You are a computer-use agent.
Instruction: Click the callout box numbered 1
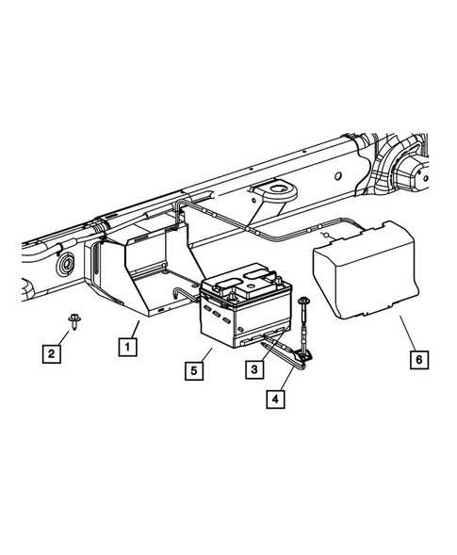coord(125,346)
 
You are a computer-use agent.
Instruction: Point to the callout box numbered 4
coord(274,399)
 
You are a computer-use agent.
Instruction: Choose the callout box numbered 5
coord(193,371)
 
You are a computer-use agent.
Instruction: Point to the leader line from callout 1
coord(134,329)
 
